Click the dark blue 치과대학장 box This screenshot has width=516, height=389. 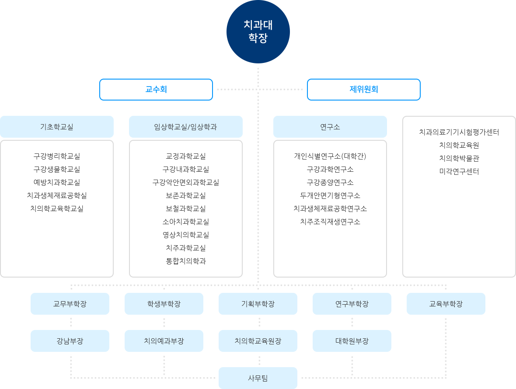pos(258,32)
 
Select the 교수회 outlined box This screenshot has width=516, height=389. pos(156,90)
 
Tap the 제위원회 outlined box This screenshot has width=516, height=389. pos(363,90)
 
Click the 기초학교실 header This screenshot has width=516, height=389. pos(57,127)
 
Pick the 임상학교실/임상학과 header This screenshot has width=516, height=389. pos(185,127)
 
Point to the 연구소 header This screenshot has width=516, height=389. pos(330,127)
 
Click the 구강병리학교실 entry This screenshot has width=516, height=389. pos(57,156)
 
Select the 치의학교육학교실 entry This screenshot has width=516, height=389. pos(57,208)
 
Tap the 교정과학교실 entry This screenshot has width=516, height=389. pos(185,156)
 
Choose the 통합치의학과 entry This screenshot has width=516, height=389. pos(185,261)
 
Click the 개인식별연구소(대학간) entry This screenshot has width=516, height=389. pos(330,156)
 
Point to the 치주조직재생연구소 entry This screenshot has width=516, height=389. pos(330,222)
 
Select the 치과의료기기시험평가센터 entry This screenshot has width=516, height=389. pos(459,132)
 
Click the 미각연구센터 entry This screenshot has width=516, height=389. pos(459,171)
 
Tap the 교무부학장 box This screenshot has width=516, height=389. pos(70,304)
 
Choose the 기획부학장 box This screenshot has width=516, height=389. pos(258,304)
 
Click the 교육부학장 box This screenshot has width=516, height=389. pos(446,304)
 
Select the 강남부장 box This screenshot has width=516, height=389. pos(70,341)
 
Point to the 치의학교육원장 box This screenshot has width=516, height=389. pos(258,341)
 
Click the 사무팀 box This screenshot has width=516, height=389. pos(258,378)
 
